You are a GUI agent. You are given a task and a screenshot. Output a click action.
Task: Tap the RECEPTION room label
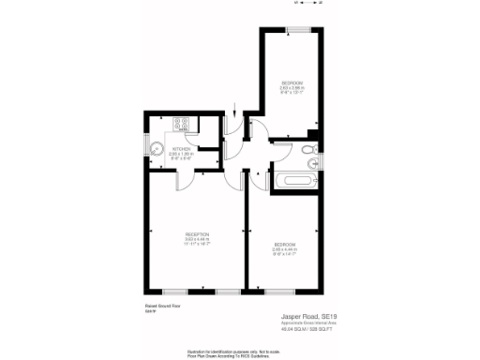click(x=197, y=233)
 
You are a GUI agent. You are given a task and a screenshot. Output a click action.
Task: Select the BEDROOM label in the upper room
click(x=292, y=82)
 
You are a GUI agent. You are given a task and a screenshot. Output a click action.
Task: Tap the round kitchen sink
click(x=157, y=150)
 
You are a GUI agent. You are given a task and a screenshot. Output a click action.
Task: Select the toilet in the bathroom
click(x=309, y=151)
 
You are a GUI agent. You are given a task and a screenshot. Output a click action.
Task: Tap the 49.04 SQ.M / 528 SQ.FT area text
click(x=307, y=330)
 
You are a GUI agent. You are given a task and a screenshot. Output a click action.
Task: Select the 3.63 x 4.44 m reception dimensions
click(x=197, y=239)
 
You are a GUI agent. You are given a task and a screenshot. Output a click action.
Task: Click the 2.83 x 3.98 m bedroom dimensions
click(x=292, y=88)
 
